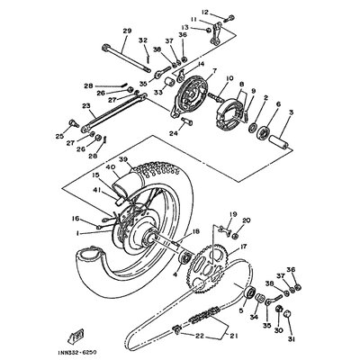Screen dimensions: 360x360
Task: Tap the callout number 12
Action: point(204,13)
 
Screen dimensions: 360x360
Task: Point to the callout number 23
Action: point(86,106)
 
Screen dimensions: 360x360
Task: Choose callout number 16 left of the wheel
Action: point(76,219)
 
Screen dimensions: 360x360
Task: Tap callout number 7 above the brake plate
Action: point(189,70)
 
